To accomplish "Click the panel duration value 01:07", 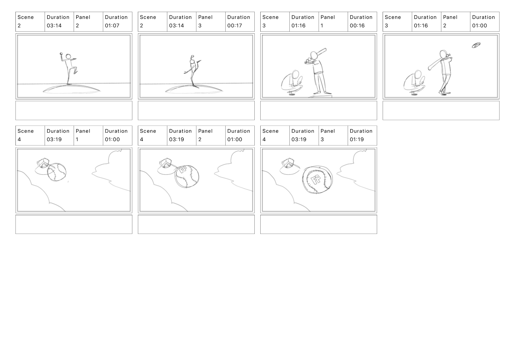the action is click(x=112, y=26).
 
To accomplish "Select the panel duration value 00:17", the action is click(x=234, y=26).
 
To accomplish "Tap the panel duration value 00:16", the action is click(x=357, y=26).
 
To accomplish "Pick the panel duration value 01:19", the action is click(x=356, y=139).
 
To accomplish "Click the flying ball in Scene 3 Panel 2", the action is click(x=476, y=45).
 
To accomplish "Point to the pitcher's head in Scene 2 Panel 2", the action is click(x=68, y=57).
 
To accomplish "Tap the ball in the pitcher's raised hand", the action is click(x=61, y=54).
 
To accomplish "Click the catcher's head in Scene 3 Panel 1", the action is click(x=296, y=75).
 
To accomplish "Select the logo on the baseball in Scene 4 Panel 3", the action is click(x=316, y=180).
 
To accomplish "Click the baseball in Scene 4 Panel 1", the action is click(x=57, y=172).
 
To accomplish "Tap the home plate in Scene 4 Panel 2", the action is click(x=165, y=163).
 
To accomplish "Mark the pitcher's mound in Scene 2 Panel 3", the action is click(x=194, y=89).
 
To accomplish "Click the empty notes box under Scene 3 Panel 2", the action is click(x=441, y=111).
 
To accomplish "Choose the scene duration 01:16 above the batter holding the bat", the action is click(x=298, y=26).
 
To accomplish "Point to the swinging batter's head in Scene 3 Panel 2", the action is click(x=443, y=54).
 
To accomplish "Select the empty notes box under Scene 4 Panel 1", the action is click(x=74, y=224).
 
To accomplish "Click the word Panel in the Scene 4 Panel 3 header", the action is click(x=328, y=131).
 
